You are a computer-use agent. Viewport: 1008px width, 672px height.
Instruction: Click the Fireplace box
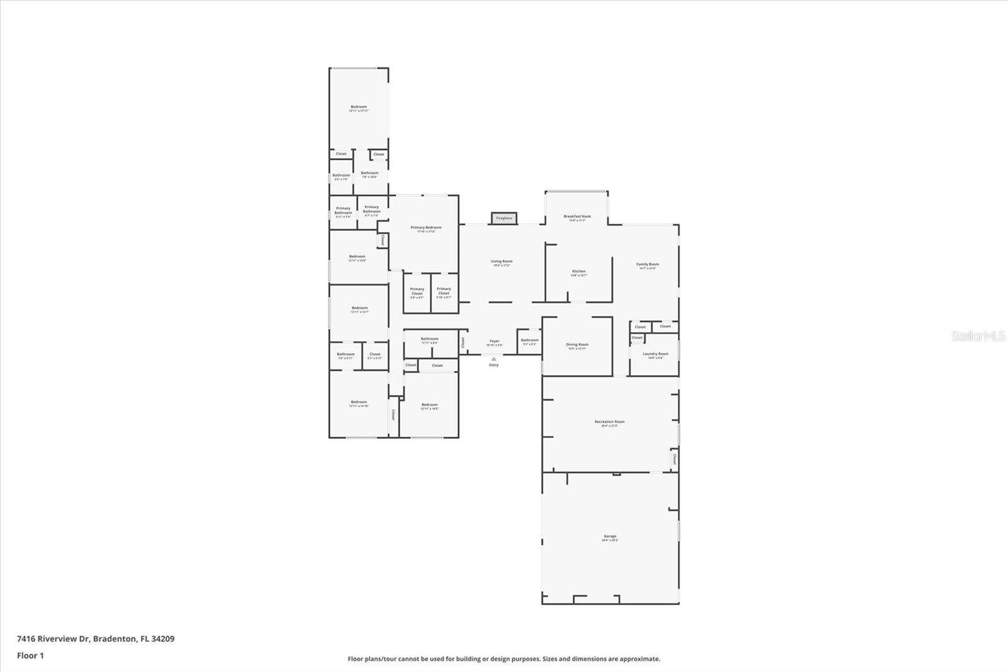504,218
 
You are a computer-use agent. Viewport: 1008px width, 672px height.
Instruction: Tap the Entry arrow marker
494,359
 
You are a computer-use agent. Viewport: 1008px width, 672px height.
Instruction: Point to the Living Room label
501,263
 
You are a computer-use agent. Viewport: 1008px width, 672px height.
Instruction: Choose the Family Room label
647,266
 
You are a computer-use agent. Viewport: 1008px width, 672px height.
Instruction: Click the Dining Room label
577,346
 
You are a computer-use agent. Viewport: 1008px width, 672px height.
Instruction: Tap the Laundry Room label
655,356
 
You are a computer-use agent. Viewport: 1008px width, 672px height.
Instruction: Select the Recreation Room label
609,423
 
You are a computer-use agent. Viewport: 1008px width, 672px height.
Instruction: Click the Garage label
610,538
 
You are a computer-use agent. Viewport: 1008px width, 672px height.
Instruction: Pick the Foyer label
495,342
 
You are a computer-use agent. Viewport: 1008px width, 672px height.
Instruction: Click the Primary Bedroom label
426,229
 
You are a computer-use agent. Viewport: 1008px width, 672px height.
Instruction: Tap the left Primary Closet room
417,293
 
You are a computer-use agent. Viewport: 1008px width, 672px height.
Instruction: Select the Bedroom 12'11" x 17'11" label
358,108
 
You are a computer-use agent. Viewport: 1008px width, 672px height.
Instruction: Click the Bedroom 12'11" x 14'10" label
358,403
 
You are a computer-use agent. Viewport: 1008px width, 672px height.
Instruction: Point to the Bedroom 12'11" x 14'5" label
429,407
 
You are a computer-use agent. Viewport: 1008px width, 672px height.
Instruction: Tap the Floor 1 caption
30,656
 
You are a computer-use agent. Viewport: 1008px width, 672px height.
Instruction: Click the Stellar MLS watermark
978,336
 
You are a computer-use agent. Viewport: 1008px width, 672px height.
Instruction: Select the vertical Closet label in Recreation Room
674,459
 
